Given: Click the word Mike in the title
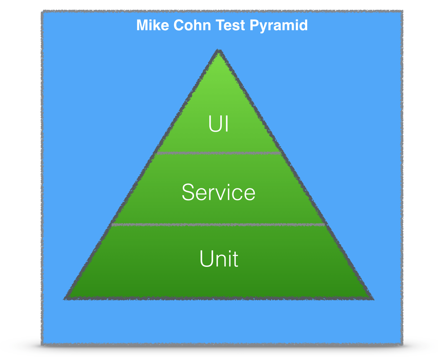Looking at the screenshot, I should tap(152, 25).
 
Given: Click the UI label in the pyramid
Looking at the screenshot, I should tap(219, 124).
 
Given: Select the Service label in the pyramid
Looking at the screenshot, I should tap(219, 192).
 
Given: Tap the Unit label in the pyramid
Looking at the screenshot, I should tap(219, 258).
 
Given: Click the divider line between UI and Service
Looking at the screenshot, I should tap(219, 153).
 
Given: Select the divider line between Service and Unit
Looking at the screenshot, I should tap(219, 224).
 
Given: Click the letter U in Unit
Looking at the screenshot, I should tap(206, 258).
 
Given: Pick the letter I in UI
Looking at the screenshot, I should tap(226, 124).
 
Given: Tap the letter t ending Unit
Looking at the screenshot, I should tap(235, 259).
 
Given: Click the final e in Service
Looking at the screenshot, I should tap(249, 193).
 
